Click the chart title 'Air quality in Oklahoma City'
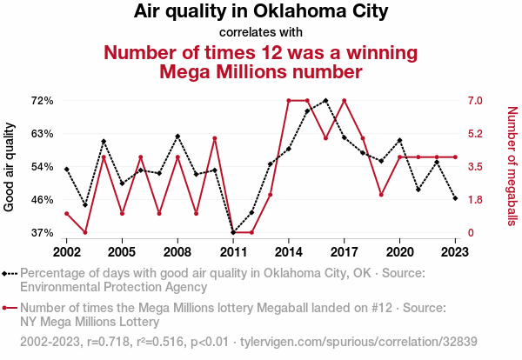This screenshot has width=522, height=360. pos(261,12)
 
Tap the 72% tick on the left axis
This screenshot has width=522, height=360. pos(43,101)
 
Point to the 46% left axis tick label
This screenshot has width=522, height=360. pos(43,200)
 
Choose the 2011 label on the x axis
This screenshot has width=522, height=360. pos(232,251)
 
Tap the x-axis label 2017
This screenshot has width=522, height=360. pos(345,251)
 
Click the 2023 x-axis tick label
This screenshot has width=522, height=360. pos(455,251)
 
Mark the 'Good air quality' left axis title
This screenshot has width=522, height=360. pos(10,166)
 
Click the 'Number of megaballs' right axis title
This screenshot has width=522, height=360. pos(512,166)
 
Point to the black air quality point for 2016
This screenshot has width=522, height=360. pos(325,100)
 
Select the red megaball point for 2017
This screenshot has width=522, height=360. pos(345,100)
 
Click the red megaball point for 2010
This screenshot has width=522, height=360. pos(214,138)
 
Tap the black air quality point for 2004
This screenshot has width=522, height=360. pos(104,141)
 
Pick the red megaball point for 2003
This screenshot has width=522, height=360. pos(85,232)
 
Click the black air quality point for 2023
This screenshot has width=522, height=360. pos(455,198)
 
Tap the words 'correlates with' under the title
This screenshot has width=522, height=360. pos(261,32)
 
